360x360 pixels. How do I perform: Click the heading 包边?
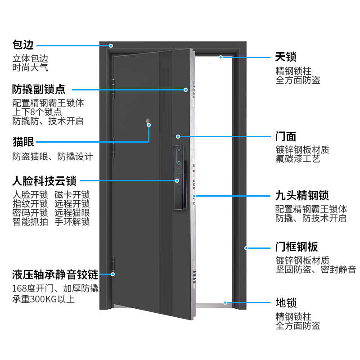[x=23, y=45]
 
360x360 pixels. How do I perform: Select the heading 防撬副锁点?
[x=39, y=89]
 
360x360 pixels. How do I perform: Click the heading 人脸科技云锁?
[x=44, y=181]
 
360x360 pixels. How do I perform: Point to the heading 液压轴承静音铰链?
[x=55, y=274]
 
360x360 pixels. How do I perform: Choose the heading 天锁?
[x=286, y=57]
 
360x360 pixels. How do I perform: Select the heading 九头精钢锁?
[x=302, y=196]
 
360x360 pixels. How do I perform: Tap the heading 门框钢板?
[x=297, y=247]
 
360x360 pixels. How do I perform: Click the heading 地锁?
[x=286, y=303]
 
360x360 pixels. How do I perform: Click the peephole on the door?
[x=148, y=121]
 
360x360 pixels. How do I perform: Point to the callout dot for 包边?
[x=111, y=45]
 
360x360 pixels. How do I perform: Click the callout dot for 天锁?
[x=221, y=57]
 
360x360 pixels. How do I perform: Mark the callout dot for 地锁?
[x=225, y=303]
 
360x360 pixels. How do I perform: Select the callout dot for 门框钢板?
[x=246, y=247]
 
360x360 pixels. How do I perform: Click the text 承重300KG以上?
[x=44, y=299]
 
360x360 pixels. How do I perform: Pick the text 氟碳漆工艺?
[x=298, y=159]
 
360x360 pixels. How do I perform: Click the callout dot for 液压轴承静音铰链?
[x=113, y=274]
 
